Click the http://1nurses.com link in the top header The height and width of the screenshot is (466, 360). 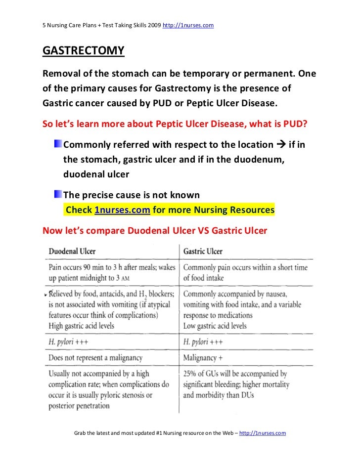(x=188, y=24)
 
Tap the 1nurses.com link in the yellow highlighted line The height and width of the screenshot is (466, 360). (x=122, y=210)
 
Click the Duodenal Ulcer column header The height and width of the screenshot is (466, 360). (x=72, y=251)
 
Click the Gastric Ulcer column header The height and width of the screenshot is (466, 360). (x=203, y=251)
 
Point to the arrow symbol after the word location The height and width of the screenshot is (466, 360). (x=280, y=145)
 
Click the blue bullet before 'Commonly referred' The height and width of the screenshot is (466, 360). (x=58, y=144)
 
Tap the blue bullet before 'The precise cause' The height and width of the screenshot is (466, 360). (x=58, y=195)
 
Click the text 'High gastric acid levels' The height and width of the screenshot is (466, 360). (x=81, y=326)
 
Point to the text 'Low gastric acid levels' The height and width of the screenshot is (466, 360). (x=215, y=326)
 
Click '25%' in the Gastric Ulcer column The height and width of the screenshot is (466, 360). (x=192, y=374)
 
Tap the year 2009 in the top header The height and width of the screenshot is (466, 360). (x=152, y=24)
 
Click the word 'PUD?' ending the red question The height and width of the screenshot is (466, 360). (x=294, y=124)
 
